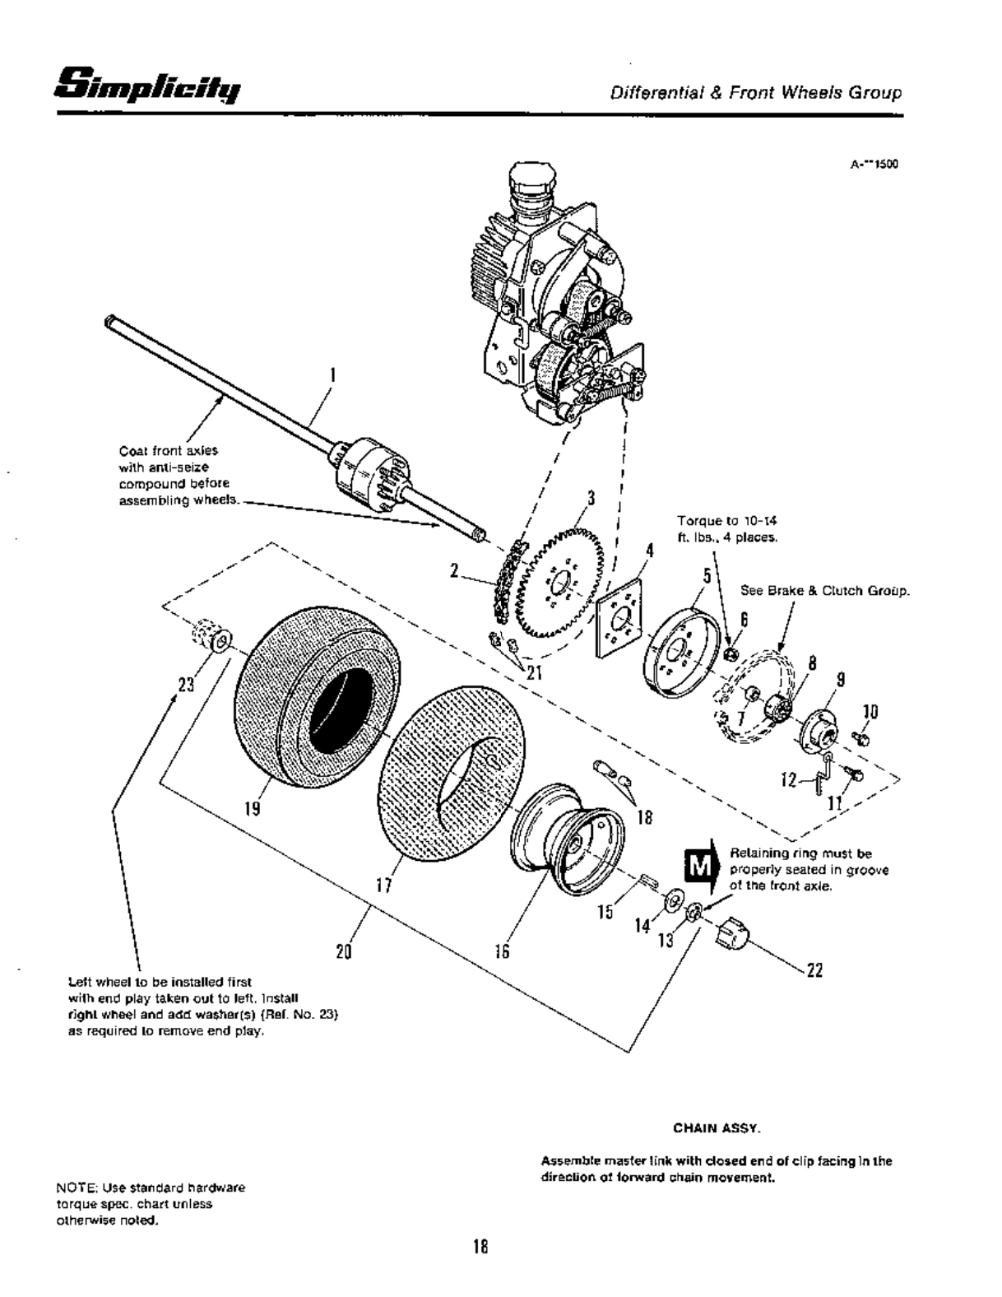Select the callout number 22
(x=814, y=971)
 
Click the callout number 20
(x=344, y=951)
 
